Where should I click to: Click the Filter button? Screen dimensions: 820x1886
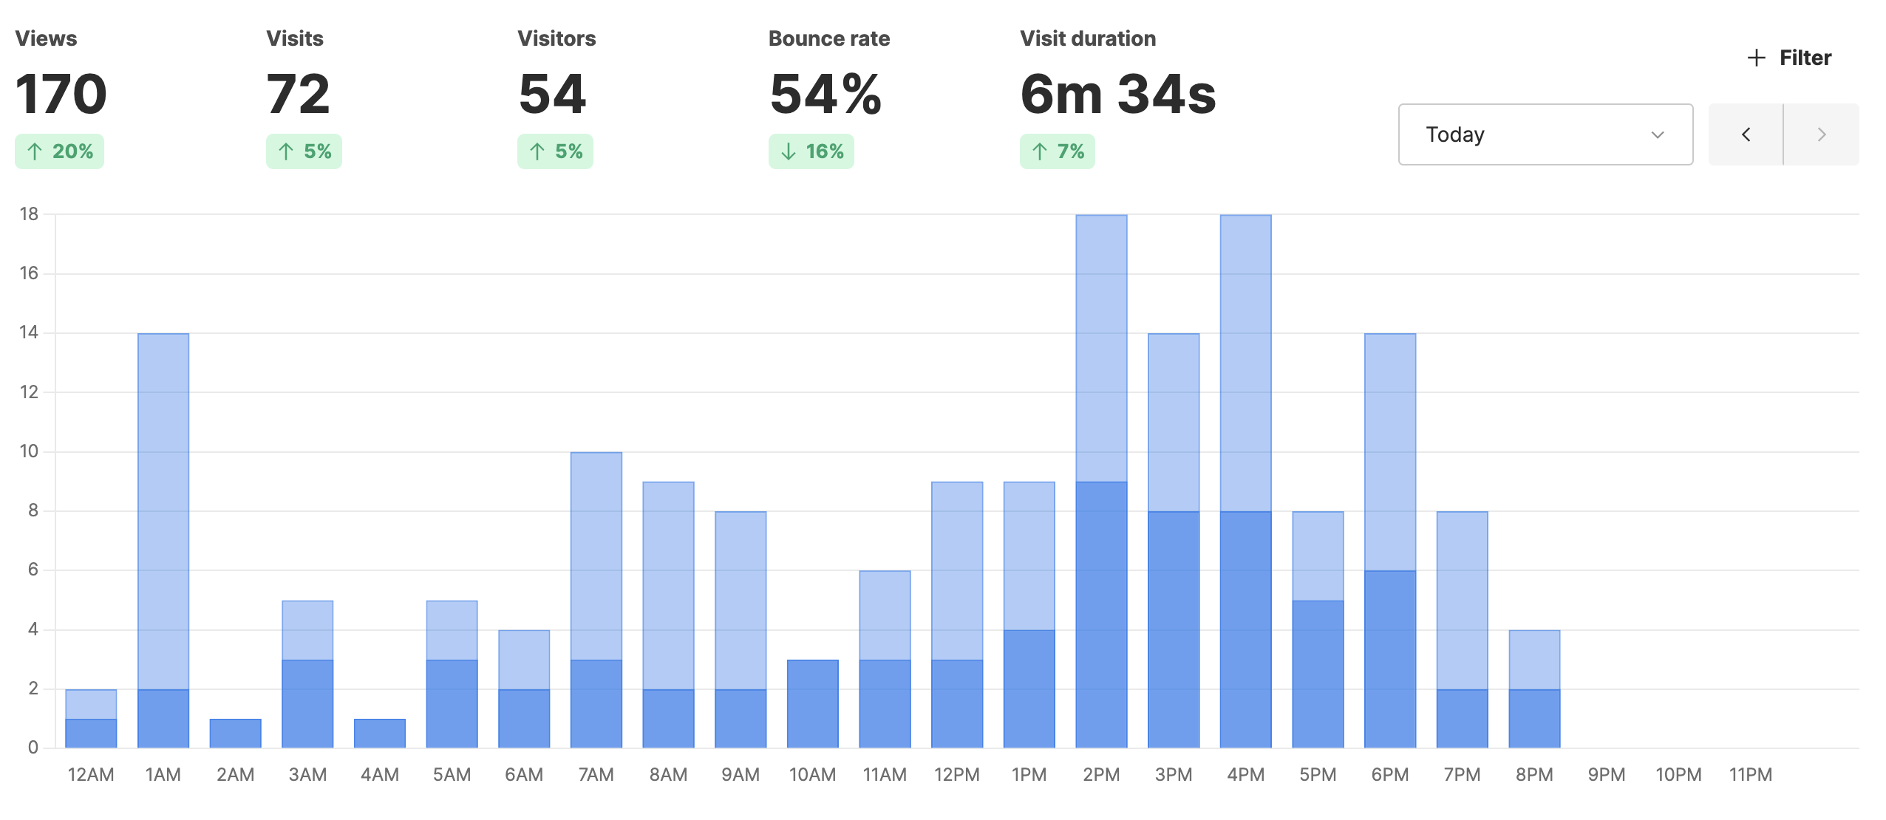[1789, 58]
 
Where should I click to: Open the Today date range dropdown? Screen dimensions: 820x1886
[1545, 134]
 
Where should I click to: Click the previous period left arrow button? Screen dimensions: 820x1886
[1746, 134]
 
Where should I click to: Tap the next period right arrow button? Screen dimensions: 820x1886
[1821, 134]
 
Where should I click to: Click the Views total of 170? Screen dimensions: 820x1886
[61, 95]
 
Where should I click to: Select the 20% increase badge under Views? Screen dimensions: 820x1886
[60, 151]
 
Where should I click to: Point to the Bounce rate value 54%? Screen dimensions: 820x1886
[825, 95]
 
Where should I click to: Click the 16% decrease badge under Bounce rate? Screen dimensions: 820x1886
[811, 151]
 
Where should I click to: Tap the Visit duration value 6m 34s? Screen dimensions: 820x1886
[1117, 95]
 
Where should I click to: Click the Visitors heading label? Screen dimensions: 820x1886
[556, 38]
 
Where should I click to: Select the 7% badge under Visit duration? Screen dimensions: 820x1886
[1057, 151]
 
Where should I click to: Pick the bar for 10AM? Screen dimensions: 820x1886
[812, 703]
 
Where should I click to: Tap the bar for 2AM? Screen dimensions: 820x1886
[235, 733]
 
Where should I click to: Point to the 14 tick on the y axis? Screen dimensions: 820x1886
[29, 332]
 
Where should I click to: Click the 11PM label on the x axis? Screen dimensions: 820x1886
[1750, 775]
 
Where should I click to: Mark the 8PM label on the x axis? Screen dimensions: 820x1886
[1533, 775]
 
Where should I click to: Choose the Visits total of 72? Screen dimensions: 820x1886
[298, 95]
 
